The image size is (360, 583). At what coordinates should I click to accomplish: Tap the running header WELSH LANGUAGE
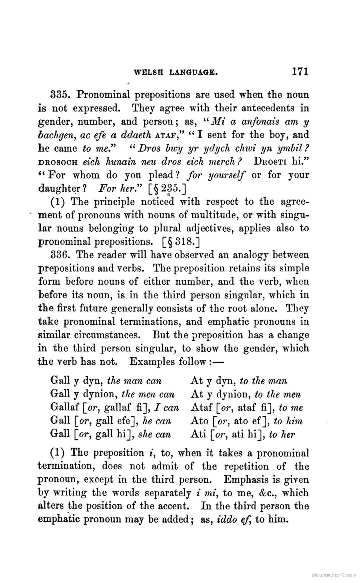(176, 73)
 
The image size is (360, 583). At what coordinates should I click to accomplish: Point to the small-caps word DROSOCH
(57, 162)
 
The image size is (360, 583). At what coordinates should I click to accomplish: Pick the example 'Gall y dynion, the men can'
(112, 394)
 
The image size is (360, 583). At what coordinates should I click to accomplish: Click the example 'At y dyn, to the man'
(238, 381)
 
